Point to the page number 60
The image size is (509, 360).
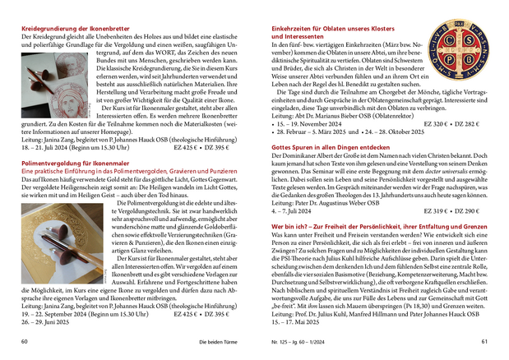coord(25,341)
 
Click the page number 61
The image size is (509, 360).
coord(484,341)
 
